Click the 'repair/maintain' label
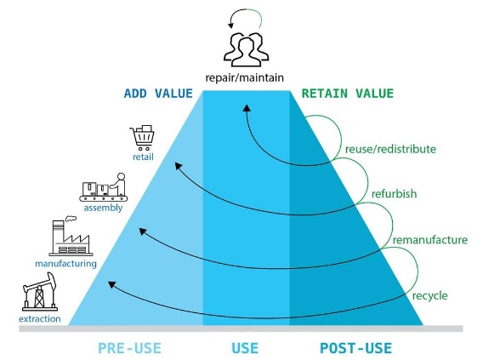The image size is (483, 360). pos(244,77)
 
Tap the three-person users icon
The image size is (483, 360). pos(246,49)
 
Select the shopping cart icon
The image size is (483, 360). pos(142,138)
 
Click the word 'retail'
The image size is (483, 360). pos(143,157)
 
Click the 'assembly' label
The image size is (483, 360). pos(103,208)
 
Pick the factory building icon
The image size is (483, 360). pos(71,236)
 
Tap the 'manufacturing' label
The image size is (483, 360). pos(65,264)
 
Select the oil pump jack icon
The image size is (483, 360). pos(40,292)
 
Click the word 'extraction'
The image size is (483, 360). pos(40,318)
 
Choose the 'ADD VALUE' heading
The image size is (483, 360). pos(158,94)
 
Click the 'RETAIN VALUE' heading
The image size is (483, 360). pos(348,94)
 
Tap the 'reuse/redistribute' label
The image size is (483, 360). pos(390,149)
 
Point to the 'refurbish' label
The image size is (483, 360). pos(394,194)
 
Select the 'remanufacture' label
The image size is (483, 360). pos(430,240)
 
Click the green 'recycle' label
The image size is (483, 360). pos(430,295)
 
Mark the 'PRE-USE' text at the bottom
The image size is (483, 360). pos(129,348)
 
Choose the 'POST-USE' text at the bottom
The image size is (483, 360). pos(355,348)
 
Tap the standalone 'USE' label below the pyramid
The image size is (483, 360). pos(245,348)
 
